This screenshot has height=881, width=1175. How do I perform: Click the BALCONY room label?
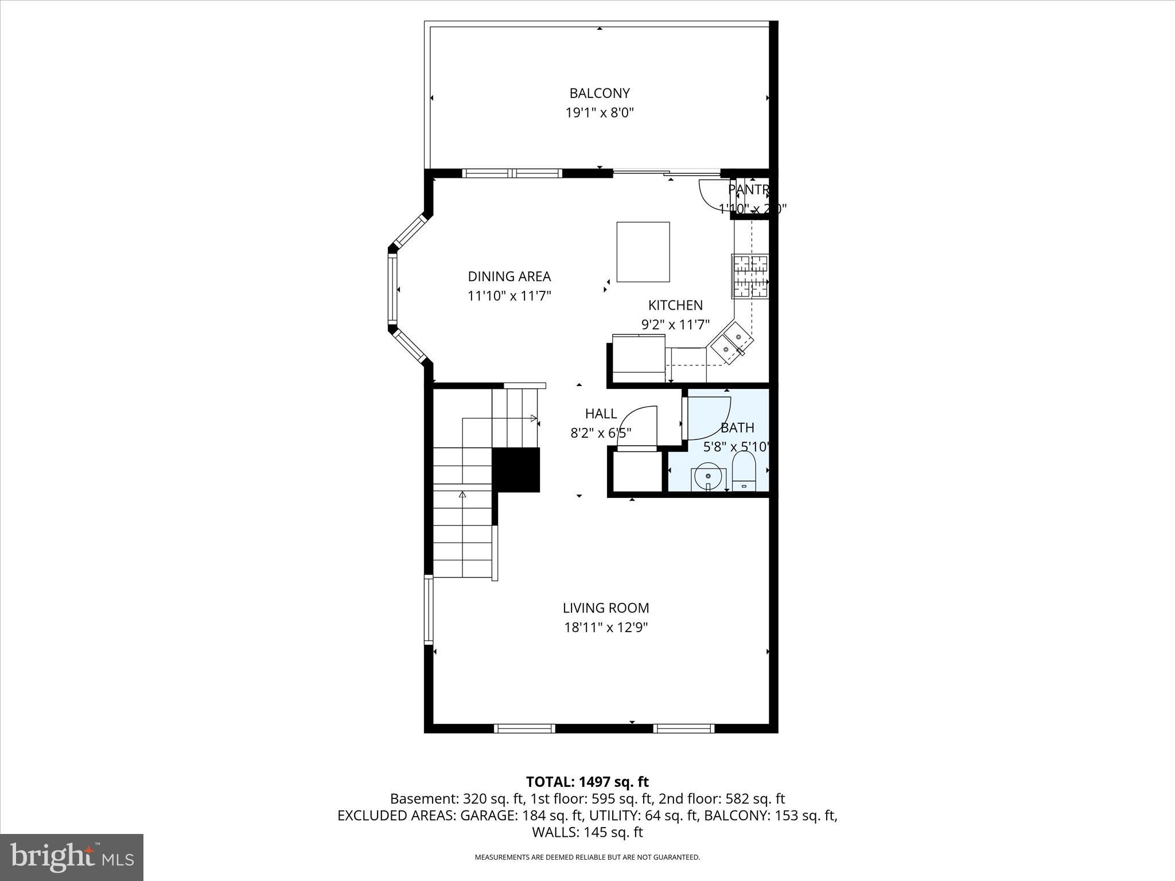(x=599, y=93)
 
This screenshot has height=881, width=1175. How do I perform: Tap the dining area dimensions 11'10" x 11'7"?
(x=509, y=296)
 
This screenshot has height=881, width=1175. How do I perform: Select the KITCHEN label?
(x=675, y=305)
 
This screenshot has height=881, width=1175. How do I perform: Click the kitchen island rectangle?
(x=643, y=252)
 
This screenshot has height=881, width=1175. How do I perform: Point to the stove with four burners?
(x=750, y=276)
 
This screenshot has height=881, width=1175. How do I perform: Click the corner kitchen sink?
(x=732, y=342)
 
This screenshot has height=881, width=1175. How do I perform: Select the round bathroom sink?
(x=708, y=477)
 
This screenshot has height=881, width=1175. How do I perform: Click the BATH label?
(x=737, y=427)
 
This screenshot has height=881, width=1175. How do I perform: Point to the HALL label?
(x=601, y=414)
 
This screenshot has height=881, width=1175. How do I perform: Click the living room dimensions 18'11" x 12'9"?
(x=606, y=627)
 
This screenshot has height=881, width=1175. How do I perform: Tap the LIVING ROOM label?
(x=606, y=608)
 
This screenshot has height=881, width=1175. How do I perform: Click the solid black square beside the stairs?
(x=516, y=470)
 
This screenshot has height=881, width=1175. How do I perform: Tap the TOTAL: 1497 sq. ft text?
(x=587, y=781)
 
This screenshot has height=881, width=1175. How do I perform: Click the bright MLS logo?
(x=72, y=857)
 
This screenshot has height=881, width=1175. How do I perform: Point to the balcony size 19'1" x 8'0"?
(x=599, y=112)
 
